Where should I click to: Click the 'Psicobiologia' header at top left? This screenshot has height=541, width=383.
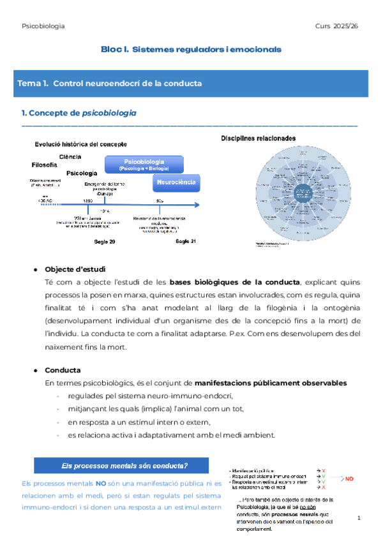pos(42,26)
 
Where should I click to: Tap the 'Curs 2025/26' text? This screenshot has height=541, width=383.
pos(337,26)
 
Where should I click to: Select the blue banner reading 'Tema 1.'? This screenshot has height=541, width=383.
pos(191,84)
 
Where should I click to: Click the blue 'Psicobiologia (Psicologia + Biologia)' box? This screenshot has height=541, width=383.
pos(144,165)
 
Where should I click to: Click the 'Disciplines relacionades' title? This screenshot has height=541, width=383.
pos(258,138)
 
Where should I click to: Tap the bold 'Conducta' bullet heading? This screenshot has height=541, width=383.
pos(63,369)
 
